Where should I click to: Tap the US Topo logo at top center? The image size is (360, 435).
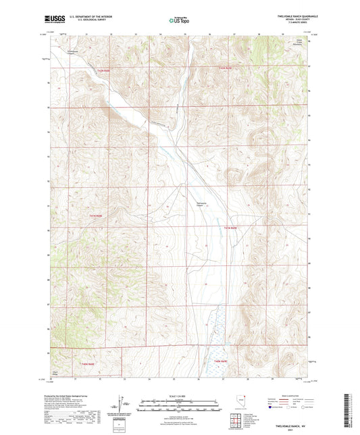pos(179,20)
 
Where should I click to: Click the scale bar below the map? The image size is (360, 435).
pos(179,402)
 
